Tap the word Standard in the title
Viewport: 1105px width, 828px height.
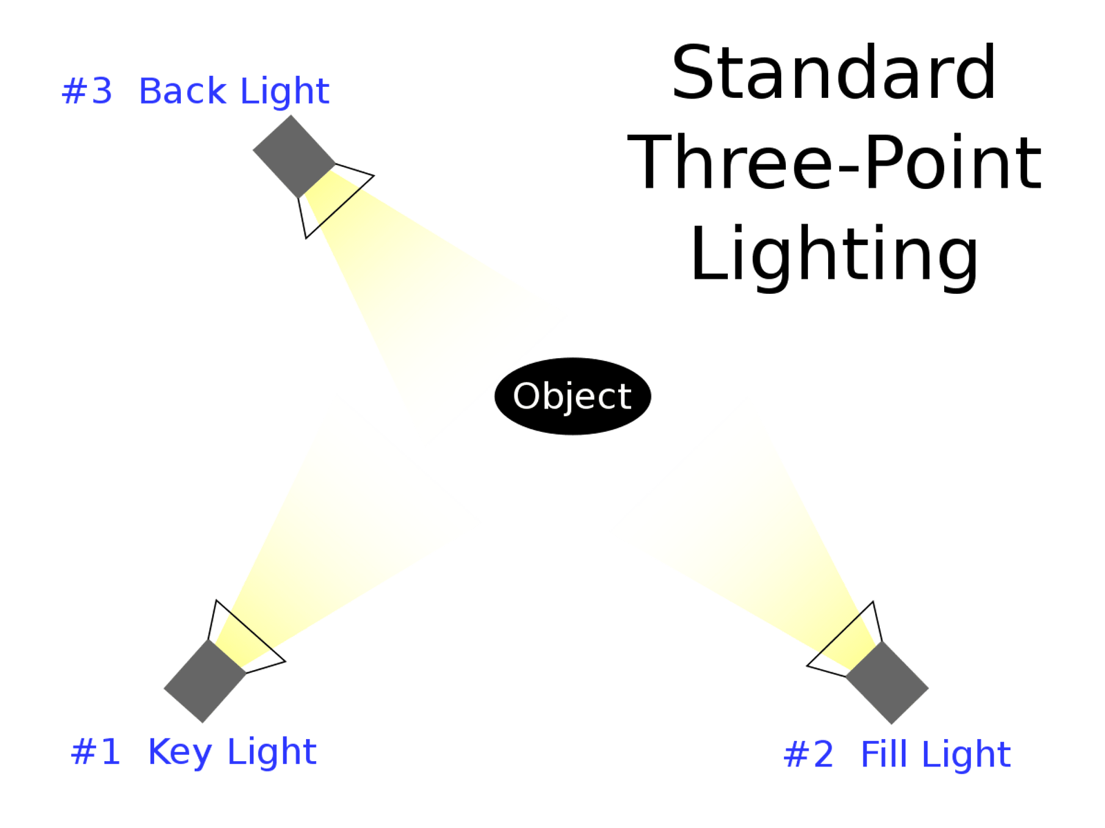[834, 72]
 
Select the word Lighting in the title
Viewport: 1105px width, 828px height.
[834, 254]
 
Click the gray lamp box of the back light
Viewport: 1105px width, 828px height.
[294, 156]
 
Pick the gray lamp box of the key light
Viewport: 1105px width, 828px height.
[204, 680]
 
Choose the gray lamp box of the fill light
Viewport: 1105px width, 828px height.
[888, 682]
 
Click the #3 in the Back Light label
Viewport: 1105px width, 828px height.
[88, 91]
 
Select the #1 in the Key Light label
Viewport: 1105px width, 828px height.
[96, 751]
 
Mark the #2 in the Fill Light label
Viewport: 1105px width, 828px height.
[809, 754]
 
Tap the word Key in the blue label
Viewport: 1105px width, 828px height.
[180, 751]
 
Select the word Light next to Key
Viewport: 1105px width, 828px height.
[272, 752]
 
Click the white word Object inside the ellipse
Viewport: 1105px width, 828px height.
[572, 397]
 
